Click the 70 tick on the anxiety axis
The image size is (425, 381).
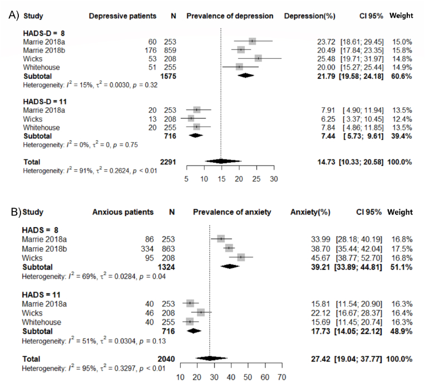coord(281,377)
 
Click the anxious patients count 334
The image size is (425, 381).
coord(145,248)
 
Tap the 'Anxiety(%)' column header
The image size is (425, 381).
coord(309,212)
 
